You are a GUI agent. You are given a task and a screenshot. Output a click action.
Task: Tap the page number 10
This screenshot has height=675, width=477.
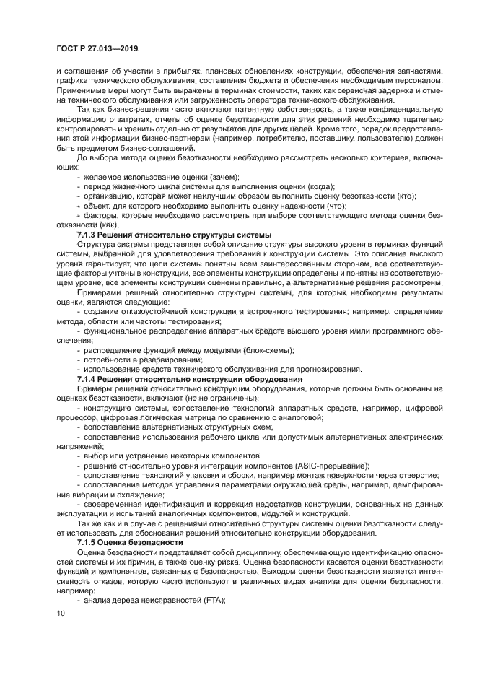61,613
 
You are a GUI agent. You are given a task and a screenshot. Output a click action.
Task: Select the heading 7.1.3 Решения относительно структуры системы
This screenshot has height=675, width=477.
174,235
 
